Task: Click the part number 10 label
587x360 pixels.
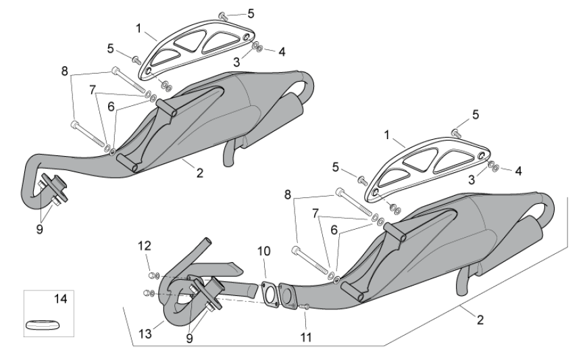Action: (x=263, y=251)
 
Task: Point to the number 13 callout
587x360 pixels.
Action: (x=143, y=334)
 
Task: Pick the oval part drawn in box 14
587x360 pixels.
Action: (x=42, y=325)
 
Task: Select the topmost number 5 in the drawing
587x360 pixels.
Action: (x=251, y=13)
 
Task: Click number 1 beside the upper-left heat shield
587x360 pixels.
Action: (x=138, y=28)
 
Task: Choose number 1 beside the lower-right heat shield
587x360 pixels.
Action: (x=387, y=135)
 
